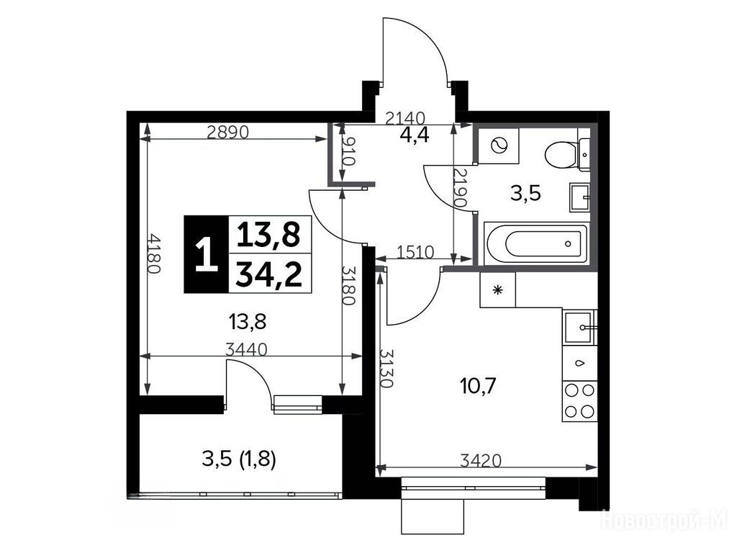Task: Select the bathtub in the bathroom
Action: point(536,243)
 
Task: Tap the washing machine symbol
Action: point(499,145)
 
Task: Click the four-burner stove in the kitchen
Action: point(579,400)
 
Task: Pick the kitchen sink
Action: point(580,327)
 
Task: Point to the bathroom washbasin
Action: point(580,197)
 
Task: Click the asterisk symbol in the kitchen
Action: point(497,290)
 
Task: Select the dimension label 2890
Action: point(227,132)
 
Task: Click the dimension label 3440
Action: point(246,349)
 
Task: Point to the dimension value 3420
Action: point(480,460)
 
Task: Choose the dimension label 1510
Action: point(415,253)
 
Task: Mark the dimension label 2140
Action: point(404,117)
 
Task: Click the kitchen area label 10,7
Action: point(478,387)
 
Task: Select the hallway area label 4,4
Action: point(414,135)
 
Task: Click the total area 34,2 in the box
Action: point(268,274)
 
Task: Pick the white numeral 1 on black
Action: point(207,254)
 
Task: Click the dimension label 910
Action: point(348,151)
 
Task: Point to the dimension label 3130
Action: point(386,368)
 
